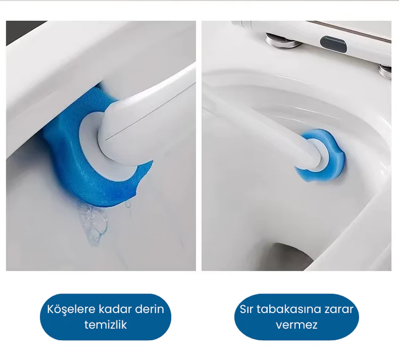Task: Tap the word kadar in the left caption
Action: (x=115, y=309)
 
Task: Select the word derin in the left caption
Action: (x=149, y=309)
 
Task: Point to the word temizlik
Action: (x=106, y=325)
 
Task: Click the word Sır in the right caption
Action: (x=246, y=309)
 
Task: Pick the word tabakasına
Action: (x=288, y=309)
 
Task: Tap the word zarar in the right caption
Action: (x=339, y=309)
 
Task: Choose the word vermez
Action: (x=297, y=325)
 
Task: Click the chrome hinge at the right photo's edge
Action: (x=385, y=71)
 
